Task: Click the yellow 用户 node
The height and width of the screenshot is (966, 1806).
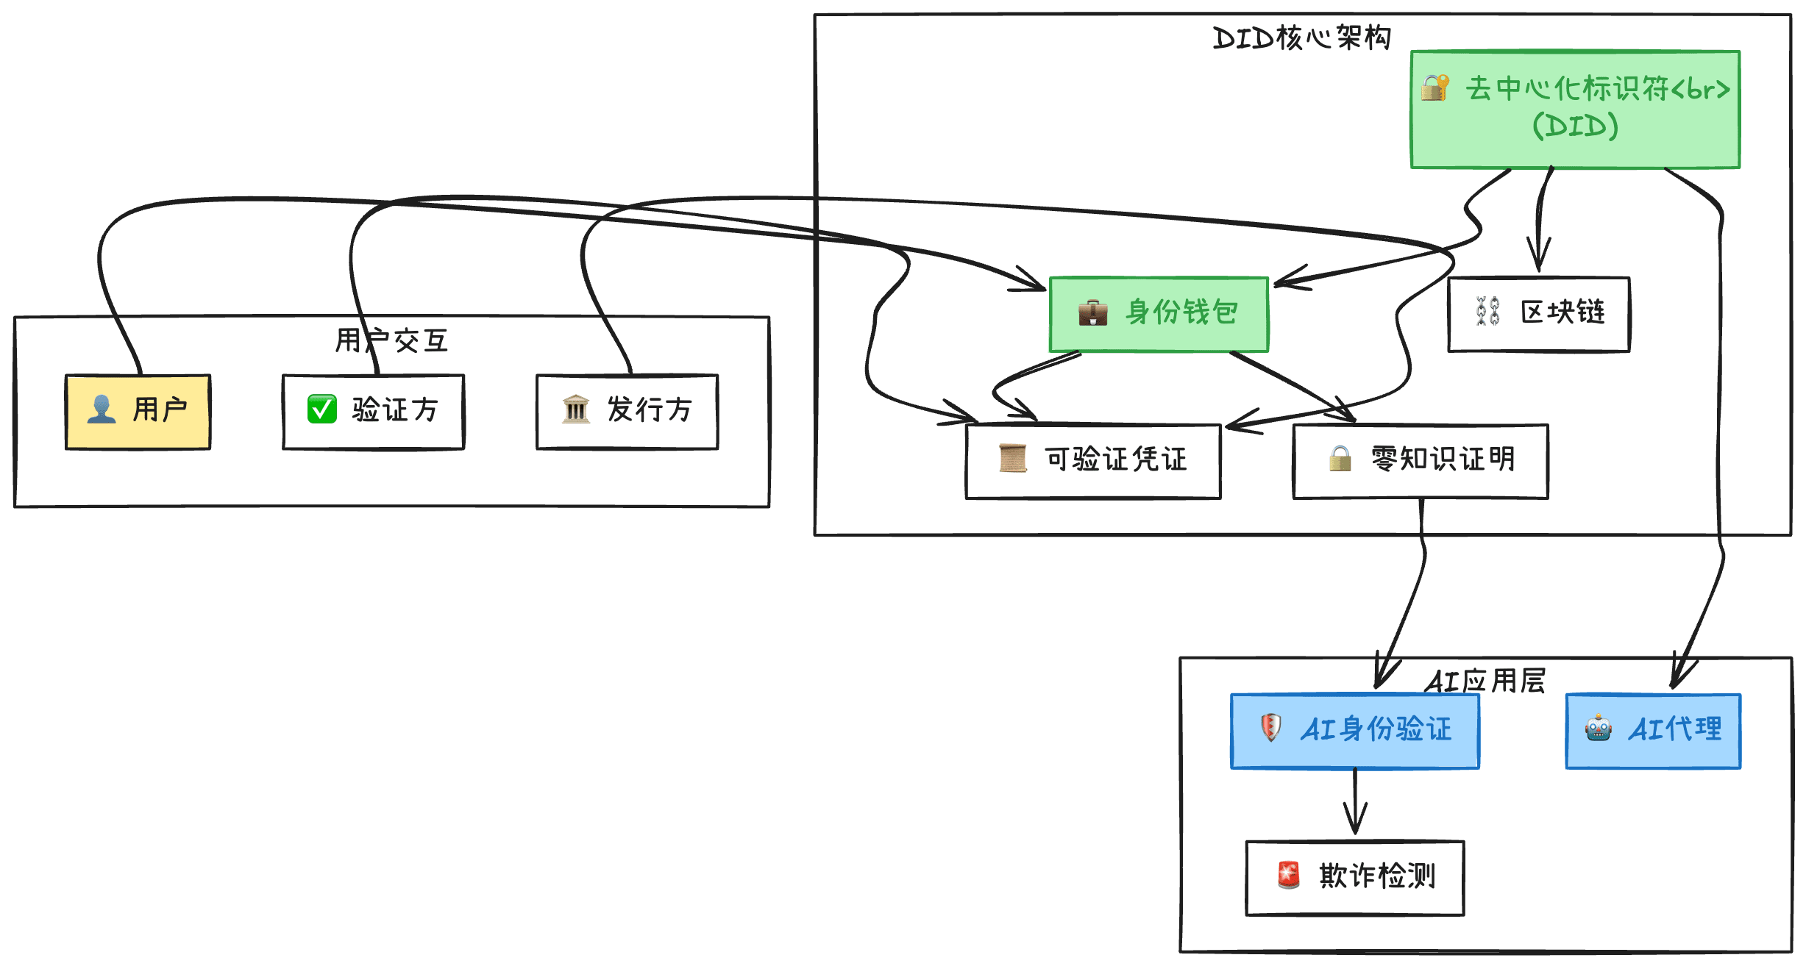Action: tap(138, 411)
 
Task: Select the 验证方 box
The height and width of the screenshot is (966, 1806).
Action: tap(373, 411)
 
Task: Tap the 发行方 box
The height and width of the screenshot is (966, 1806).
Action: tap(627, 411)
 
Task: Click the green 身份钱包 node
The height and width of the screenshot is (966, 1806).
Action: tap(1159, 314)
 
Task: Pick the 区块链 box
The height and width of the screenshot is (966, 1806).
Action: tap(1538, 314)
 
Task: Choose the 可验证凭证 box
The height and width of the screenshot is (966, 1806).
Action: tap(1092, 461)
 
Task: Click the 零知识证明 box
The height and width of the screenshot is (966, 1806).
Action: tap(1420, 461)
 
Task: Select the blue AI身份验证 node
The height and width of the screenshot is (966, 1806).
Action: tap(1354, 731)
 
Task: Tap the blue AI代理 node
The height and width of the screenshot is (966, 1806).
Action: tap(1652, 731)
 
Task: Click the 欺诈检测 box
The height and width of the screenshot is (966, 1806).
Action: tap(1354, 877)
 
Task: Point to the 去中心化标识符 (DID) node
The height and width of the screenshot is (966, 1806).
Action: tap(1574, 109)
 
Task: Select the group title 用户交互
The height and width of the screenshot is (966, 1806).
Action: tap(391, 340)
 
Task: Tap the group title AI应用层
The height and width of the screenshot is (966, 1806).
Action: tap(1485, 681)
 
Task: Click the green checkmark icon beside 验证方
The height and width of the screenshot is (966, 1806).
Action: tap(321, 409)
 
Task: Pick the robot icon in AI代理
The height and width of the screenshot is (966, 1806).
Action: tap(1598, 729)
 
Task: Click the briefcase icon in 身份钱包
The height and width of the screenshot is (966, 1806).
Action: tap(1092, 312)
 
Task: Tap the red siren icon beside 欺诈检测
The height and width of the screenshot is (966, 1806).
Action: tap(1288, 875)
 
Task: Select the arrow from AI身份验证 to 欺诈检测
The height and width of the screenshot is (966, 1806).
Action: tap(1355, 801)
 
